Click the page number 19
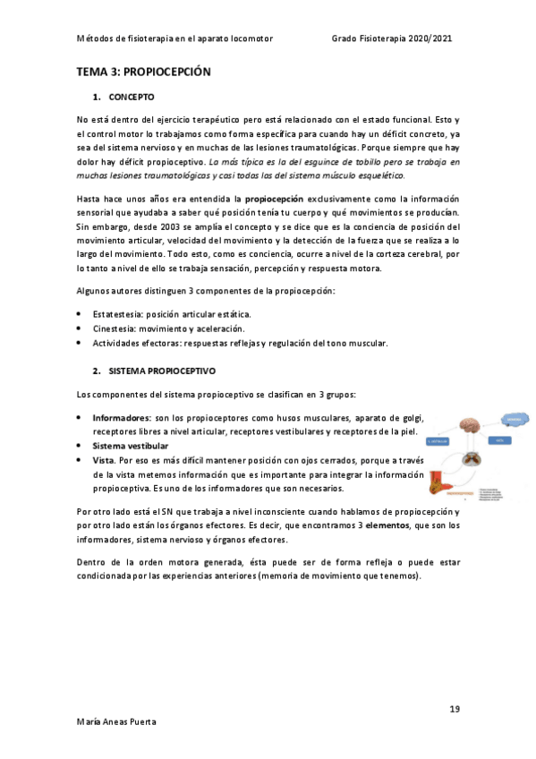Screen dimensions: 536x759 (x=455, y=709)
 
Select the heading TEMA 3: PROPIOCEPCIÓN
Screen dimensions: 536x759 (x=143, y=72)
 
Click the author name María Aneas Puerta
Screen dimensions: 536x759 (x=115, y=721)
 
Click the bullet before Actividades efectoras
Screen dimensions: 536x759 (x=81, y=344)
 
